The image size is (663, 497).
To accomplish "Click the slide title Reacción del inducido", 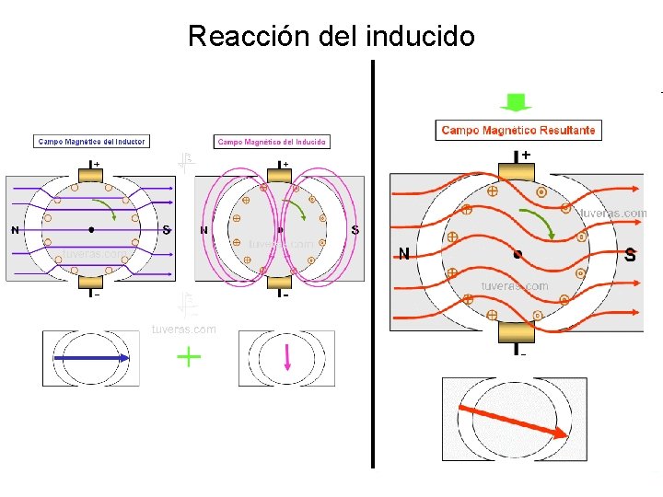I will [331, 37].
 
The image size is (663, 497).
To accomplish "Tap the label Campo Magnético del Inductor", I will [91, 142].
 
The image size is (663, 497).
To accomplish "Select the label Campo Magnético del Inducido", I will [272, 142].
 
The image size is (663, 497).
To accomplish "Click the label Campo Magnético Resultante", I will [518, 131].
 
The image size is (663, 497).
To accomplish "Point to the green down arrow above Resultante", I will [517, 102].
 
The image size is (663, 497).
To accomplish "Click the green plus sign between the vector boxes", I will [189, 357].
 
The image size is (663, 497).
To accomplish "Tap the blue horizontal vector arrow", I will [90, 357].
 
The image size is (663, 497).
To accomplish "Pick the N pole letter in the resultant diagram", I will [404, 254].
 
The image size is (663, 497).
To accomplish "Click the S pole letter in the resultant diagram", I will [630, 254].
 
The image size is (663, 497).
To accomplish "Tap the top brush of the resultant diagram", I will [516, 171].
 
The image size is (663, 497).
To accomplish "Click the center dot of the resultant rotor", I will [518, 253].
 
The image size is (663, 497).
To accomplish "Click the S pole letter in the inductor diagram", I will [166, 229].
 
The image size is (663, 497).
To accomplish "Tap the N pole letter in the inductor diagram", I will [15, 229].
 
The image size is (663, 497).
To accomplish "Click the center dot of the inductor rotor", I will [91, 229].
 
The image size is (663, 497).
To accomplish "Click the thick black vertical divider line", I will [373, 267].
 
